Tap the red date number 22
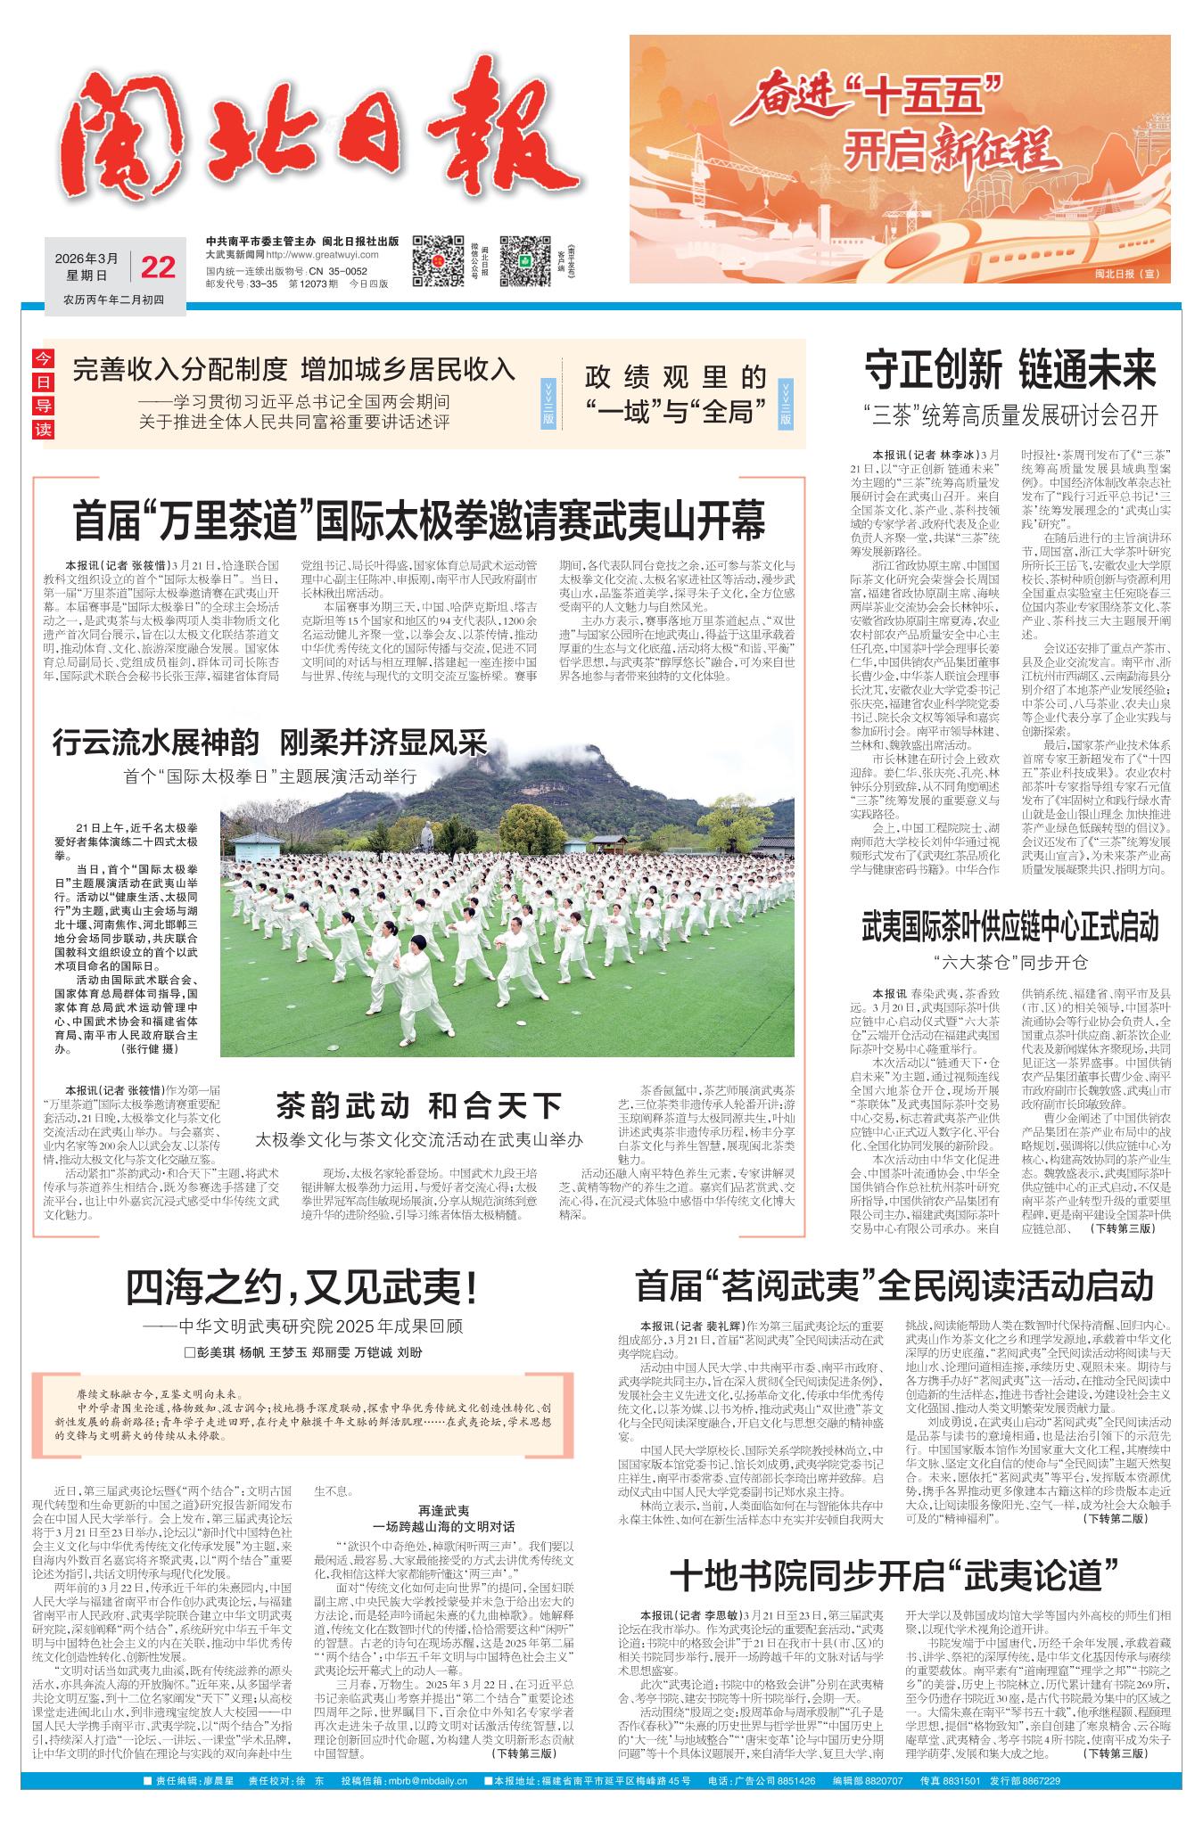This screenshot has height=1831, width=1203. [x=159, y=267]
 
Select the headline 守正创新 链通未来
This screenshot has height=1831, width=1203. [x=1010, y=370]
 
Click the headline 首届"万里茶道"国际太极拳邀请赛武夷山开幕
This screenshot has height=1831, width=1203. [x=419, y=522]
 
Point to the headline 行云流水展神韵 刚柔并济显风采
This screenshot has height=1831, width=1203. [x=270, y=742]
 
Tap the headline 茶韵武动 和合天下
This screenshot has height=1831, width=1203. [x=418, y=1108]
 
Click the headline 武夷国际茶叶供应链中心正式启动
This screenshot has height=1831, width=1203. [x=1009, y=928]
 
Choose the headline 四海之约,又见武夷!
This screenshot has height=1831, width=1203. [x=302, y=1287]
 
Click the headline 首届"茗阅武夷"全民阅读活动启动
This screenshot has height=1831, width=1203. [x=894, y=1286]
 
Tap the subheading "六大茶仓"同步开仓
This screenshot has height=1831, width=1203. [x=1010, y=963]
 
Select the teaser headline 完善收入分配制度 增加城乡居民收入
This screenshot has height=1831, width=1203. [x=294, y=367]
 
